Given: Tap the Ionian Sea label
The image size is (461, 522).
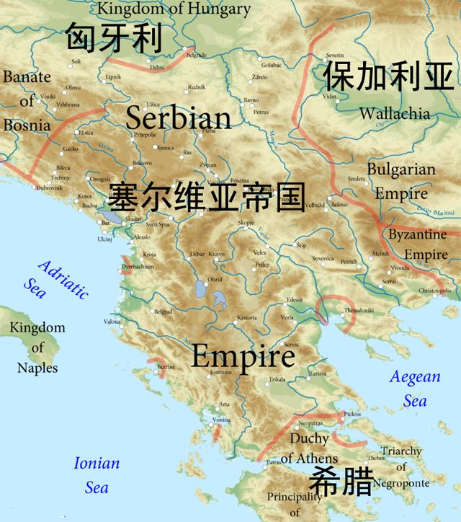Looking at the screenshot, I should (97, 475).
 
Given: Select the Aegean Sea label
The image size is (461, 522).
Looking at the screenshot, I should (414, 389).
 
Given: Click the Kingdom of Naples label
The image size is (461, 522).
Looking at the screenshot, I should (37, 348).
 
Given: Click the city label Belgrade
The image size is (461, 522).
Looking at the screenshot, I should (197, 56).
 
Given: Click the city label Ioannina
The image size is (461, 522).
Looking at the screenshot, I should (219, 373).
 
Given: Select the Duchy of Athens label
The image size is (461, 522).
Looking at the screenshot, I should (309, 448).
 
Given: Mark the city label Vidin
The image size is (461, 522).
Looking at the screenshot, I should (329, 96).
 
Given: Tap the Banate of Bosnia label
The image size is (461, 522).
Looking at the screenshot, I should (27, 101).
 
